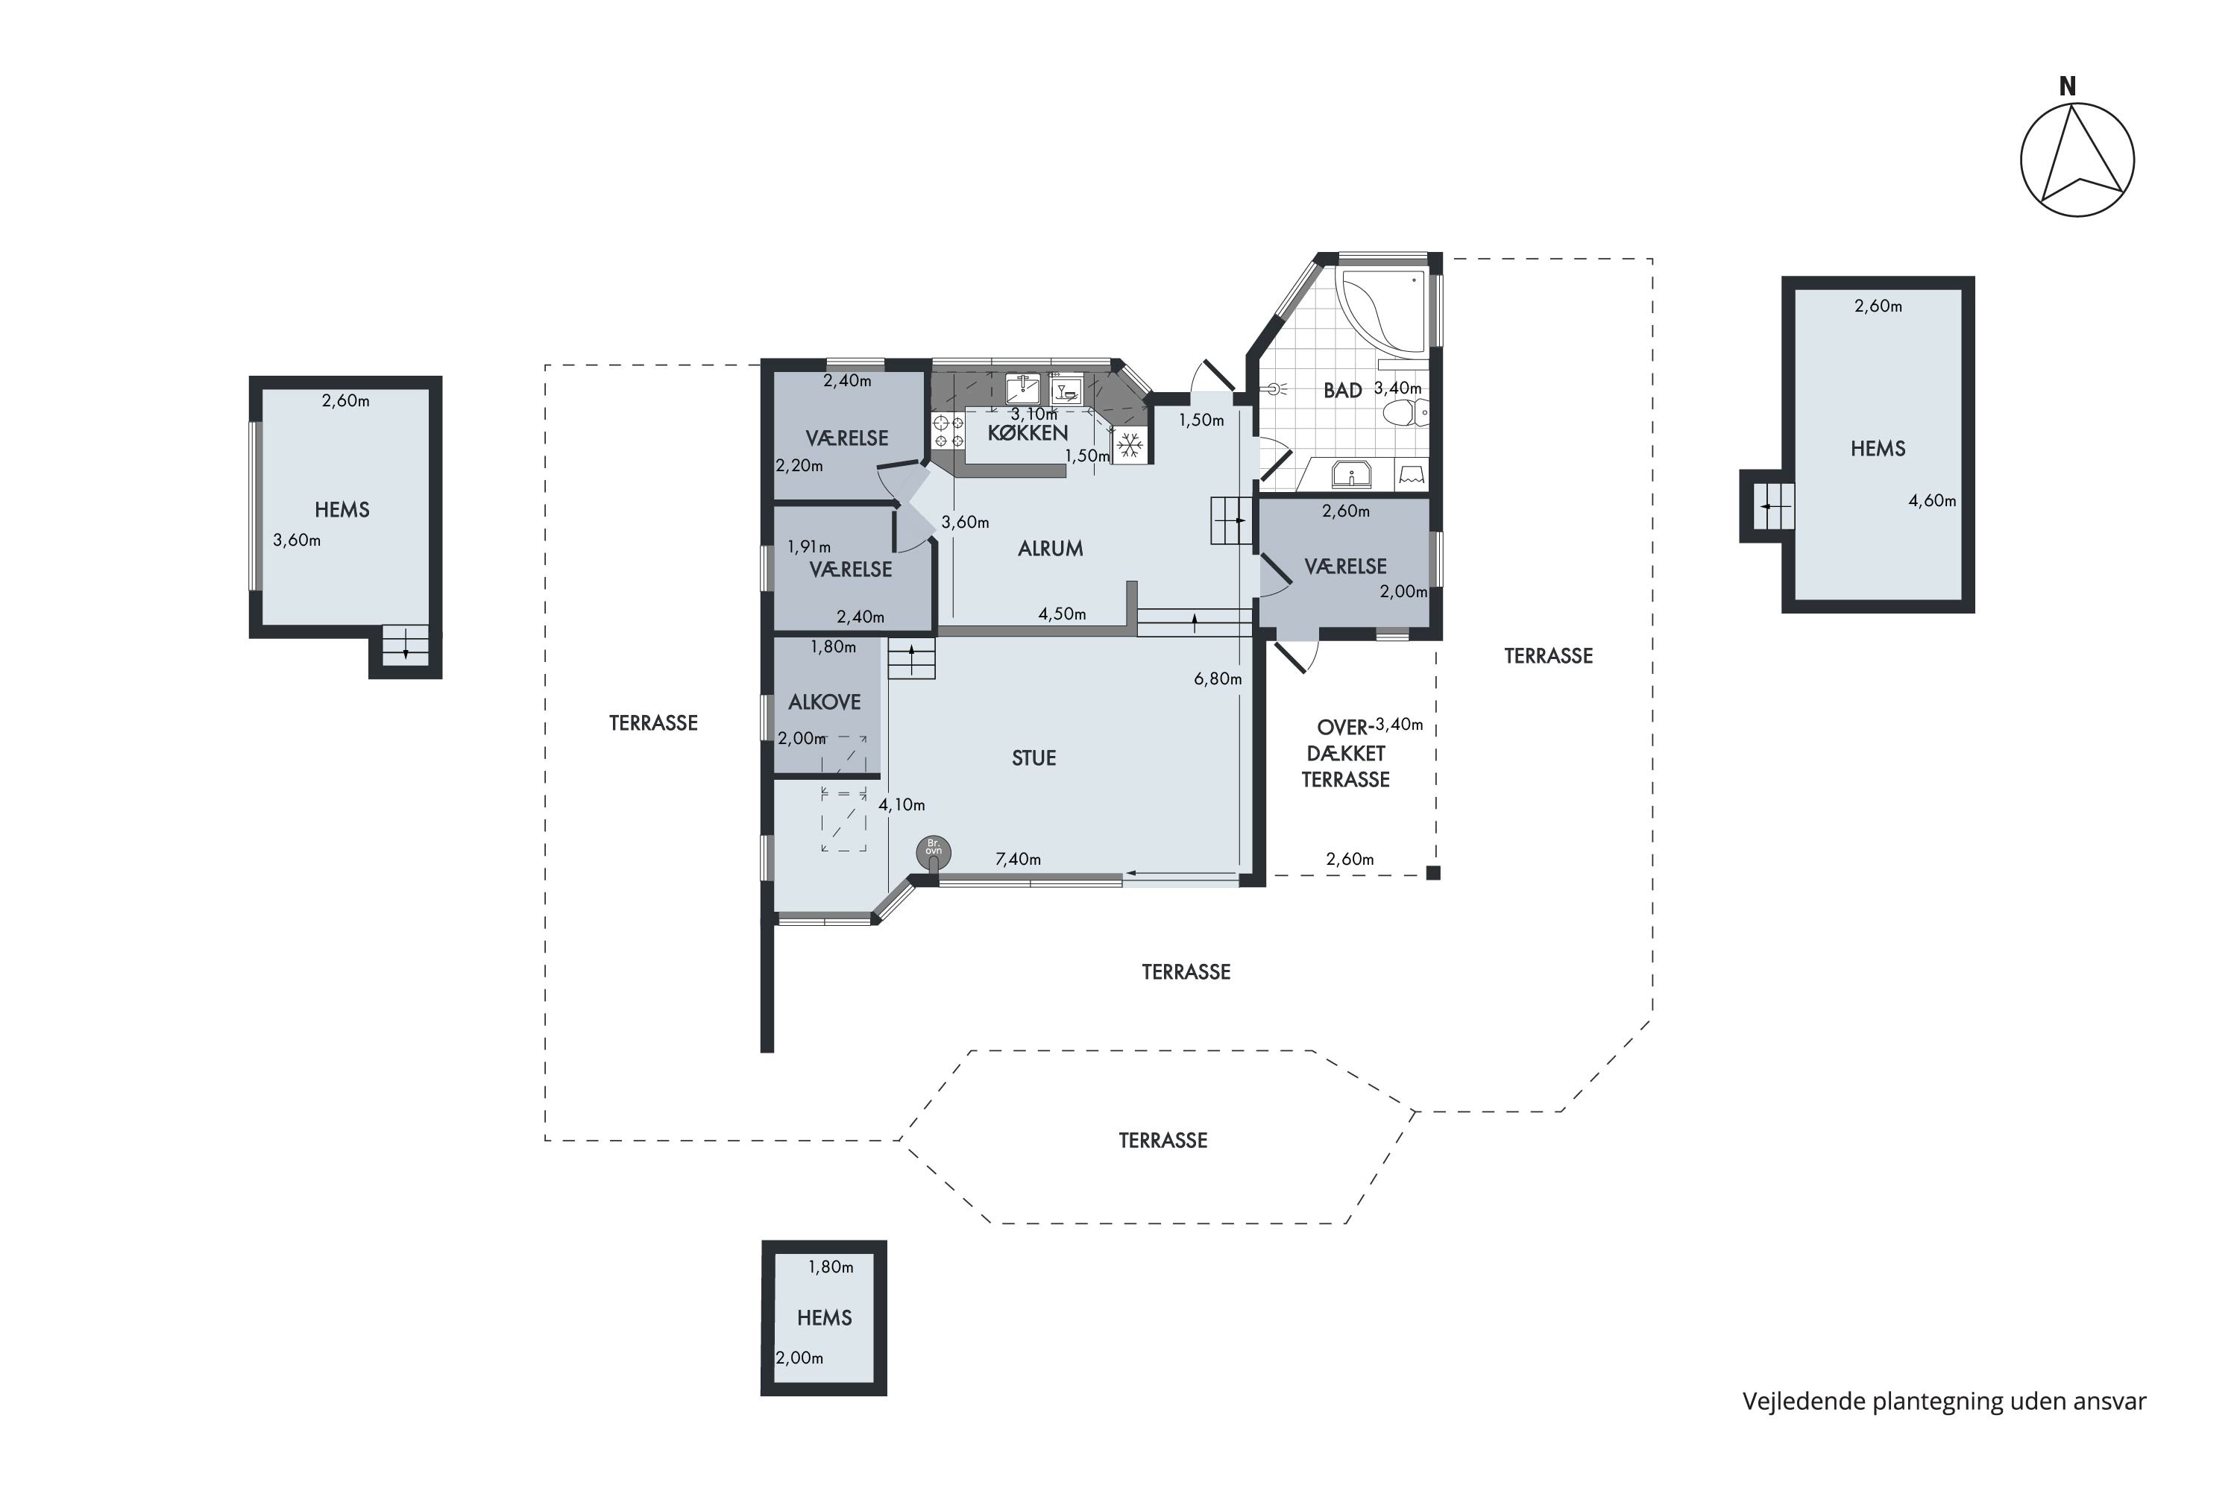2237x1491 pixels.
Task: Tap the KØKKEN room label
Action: [x=1028, y=432]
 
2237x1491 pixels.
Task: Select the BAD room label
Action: [x=1342, y=390]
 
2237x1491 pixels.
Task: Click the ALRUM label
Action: [x=1050, y=548]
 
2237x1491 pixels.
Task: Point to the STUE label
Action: [x=1033, y=758]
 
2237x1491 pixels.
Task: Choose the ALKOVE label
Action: [x=824, y=702]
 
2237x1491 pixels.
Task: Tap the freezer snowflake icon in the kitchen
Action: [x=1130, y=445]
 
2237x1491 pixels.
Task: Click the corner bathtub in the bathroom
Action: [x=1381, y=314]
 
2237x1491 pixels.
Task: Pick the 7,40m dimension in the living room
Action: [x=1018, y=859]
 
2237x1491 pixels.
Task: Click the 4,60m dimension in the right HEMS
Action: [x=1932, y=500]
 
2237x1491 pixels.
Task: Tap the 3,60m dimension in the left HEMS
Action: [x=297, y=540]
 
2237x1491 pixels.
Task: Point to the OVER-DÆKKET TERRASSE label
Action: [x=1345, y=753]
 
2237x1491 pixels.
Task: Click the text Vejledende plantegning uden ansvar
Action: [x=1944, y=1401]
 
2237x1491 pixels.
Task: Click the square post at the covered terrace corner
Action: [x=1433, y=873]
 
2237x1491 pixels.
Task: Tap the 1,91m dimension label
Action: [x=808, y=546]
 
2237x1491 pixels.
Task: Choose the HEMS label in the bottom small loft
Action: [x=824, y=1317]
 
